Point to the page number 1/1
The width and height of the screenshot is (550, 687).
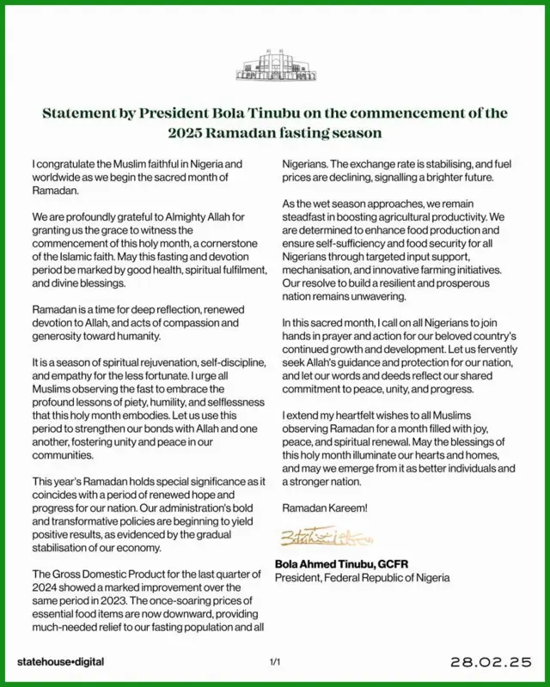[275, 662]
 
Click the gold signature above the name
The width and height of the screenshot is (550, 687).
[316, 538]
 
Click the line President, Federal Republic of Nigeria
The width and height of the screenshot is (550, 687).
[362, 578]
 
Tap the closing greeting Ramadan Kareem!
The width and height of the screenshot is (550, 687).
[325, 508]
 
